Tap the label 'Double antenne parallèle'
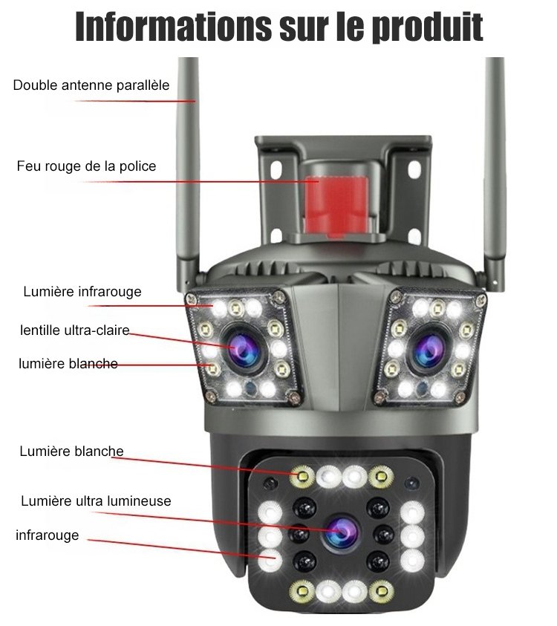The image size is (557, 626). coord(91,85)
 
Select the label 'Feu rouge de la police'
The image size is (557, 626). coord(86,166)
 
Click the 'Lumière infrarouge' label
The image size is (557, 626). coord(82,292)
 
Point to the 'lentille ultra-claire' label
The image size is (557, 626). coord(74,330)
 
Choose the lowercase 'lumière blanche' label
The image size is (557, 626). coord(68,363)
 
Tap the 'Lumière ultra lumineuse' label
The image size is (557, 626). coord(96,501)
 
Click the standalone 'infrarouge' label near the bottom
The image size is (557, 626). coord(47,535)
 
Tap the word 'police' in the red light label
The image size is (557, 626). coord(137,166)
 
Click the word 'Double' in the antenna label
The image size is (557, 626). coord(34,85)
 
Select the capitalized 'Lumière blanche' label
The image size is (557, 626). coord(71,451)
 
